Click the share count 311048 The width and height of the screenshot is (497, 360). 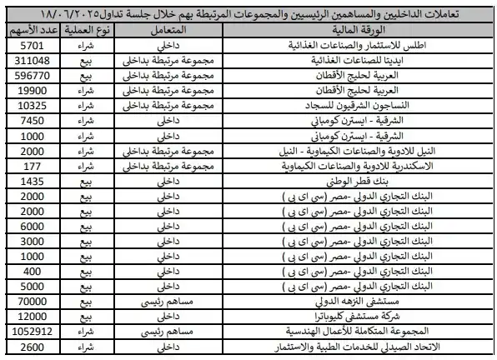(32, 62)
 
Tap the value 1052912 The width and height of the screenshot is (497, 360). (32, 331)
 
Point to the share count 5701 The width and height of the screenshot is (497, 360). (32, 47)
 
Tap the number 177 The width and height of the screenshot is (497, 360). (32, 166)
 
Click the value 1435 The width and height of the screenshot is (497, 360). (32, 181)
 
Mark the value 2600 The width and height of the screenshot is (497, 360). (32, 346)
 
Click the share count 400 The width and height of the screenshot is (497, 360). (32, 271)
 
